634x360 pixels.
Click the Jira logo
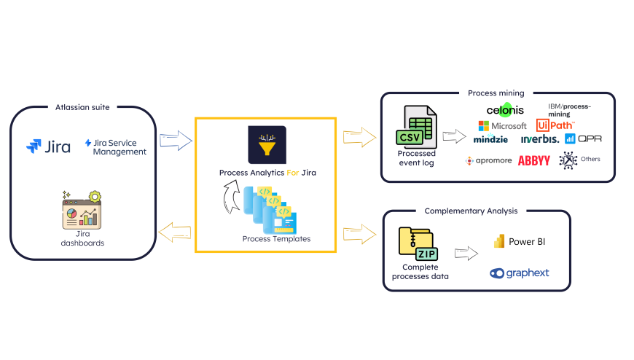point(49,146)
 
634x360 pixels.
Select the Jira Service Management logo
point(115,147)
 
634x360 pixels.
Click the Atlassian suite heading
point(82,107)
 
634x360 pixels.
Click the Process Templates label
point(276,238)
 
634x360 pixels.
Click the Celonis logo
point(505,110)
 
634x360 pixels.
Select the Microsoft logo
point(502,125)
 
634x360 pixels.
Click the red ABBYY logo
point(533,160)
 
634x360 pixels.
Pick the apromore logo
point(488,160)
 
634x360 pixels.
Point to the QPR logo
point(584,138)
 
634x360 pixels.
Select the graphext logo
point(520,273)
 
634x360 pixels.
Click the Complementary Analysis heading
point(471,211)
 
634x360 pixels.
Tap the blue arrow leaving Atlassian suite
point(176,140)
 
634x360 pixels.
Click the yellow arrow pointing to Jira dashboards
point(174,232)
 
